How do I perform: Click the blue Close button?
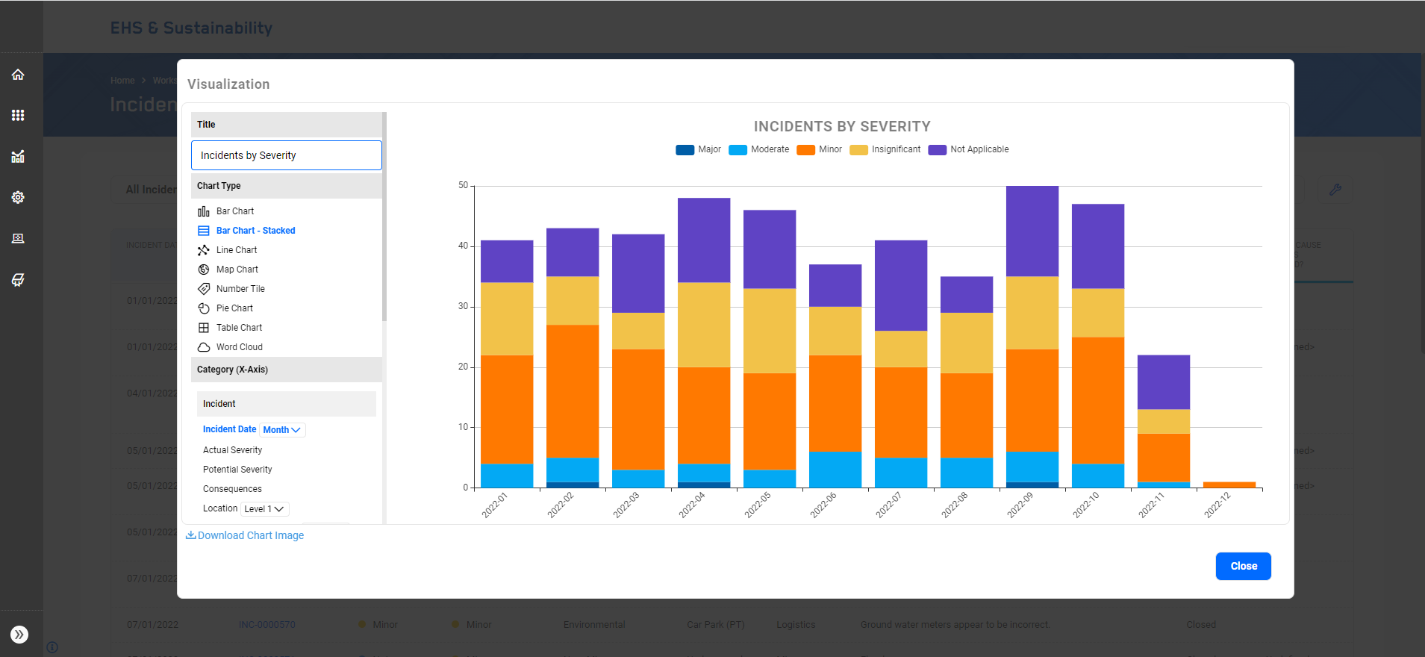[1243, 566]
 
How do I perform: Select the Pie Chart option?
[234, 308]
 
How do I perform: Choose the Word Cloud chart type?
[239, 347]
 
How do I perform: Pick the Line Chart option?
[236, 250]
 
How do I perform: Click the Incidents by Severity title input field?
[286, 155]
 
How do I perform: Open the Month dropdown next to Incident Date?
[282, 430]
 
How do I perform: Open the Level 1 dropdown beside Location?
[264, 509]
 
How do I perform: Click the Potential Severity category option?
[237, 470]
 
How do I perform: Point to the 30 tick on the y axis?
[464, 306]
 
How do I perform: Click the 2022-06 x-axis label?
[823, 505]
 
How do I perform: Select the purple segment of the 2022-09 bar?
[1032, 231]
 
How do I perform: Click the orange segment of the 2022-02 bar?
[573, 391]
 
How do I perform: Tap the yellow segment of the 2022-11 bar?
[1163, 421]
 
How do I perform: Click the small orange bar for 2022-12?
[1229, 485]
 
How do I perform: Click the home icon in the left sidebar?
[18, 75]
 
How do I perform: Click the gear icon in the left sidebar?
[18, 197]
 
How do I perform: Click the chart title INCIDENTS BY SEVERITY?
[841, 126]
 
